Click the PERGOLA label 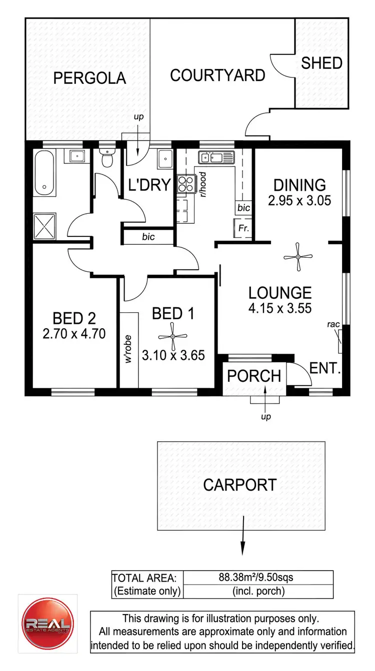[x=89, y=78]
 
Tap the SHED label [x=321, y=63]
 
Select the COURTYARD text [x=217, y=75]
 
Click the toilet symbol [x=106, y=159]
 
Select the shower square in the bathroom [x=44, y=227]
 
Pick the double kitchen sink [x=216, y=158]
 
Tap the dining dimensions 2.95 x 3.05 [x=299, y=201]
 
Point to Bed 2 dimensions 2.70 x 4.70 [x=74, y=333]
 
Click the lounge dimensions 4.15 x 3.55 [x=279, y=308]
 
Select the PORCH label [x=254, y=376]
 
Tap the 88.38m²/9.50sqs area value [x=256, y=578]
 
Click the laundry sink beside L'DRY [x=165, y=159]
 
